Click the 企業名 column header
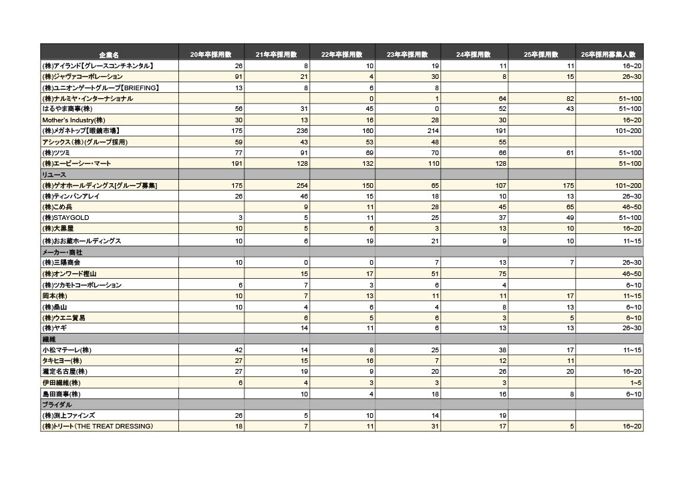pos(109,54)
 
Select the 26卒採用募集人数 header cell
pos(609,54)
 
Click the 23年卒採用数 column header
pos(407,54)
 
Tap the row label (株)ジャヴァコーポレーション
pos(83,77)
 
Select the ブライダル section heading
pos(57,405)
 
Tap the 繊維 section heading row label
pos(49,340)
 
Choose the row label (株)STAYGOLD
pos(66,218)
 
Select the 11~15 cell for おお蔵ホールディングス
pos(632,241)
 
